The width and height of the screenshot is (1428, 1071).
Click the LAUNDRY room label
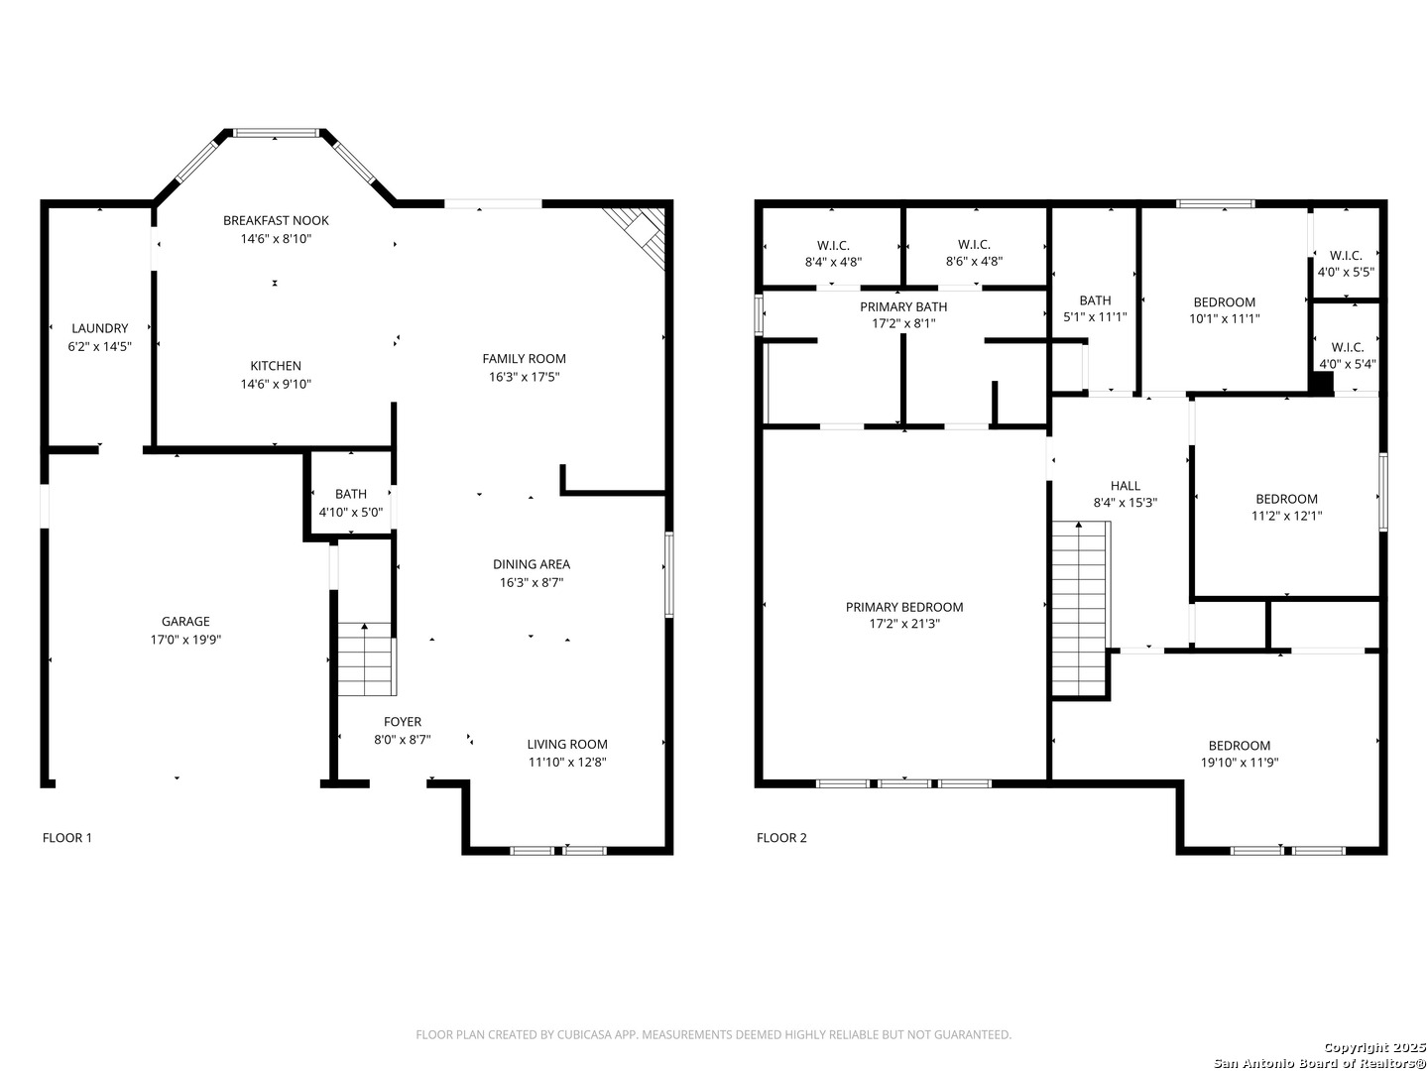coord(99,328)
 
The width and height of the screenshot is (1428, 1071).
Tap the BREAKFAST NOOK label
coord(276,220)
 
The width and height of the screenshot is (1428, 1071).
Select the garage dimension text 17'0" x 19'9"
coord(185,640)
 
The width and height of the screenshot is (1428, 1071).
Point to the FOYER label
coord(402,721)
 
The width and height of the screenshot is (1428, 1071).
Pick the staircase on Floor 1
coord(366,658)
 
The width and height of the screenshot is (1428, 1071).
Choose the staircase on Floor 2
coord(1080,609)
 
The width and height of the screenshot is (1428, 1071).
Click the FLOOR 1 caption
coord(67,838)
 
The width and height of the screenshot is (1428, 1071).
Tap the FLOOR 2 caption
coord(781,838)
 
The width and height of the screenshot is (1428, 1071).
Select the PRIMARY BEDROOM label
coord(904,607)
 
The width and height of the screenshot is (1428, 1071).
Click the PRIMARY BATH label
coord(903,306)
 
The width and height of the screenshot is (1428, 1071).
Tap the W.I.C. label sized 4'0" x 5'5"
coord(1346,264)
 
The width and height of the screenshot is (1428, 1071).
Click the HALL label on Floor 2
coord(1125,485)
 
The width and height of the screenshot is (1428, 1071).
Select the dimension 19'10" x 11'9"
coord(1240,763)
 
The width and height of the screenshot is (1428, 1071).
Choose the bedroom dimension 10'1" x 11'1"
coord(1225,318)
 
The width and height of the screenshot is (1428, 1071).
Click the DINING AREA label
coord(532,564)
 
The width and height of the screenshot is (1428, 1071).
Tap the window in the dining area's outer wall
coord(668,573)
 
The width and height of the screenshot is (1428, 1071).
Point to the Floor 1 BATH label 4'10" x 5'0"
coord(351,504)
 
